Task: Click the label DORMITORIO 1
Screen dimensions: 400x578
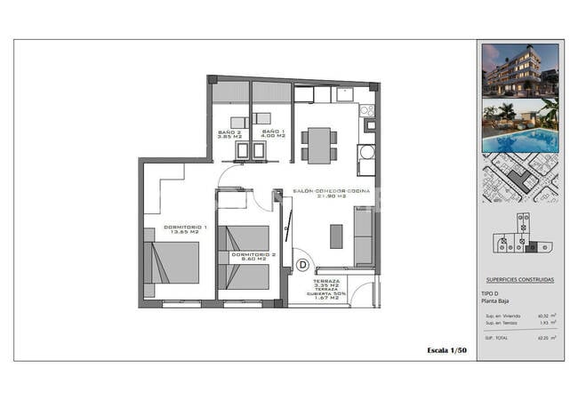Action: pyautogui.click(x=185, y=227)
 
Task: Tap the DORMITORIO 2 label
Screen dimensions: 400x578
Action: pyautogui.click(x=253, y=254)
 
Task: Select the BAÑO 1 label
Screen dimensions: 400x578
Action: pyautogui.click(x=273, y=132)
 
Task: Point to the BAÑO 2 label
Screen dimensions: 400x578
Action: pyautogui.click(x=230, y=132)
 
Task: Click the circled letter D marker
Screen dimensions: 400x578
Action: pyautogui.click(x=302, y=264)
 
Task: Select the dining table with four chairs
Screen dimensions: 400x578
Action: pyautogui.click(x=318, y=144)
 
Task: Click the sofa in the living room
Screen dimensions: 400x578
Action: pyautogui.click(x=364, y=236)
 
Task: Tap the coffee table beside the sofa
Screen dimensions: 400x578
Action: pyautogui.click(x=336, y=236)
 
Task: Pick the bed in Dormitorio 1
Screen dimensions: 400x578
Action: pyautogui.click(x=172, y=261)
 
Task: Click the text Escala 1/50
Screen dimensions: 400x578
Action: pyautogui.click(x=447, y=351)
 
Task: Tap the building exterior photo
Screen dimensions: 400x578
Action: pyautogui.click(x=520, y=69)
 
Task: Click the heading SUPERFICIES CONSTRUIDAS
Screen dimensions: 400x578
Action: pyautogui.click(x=520, y=279)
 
